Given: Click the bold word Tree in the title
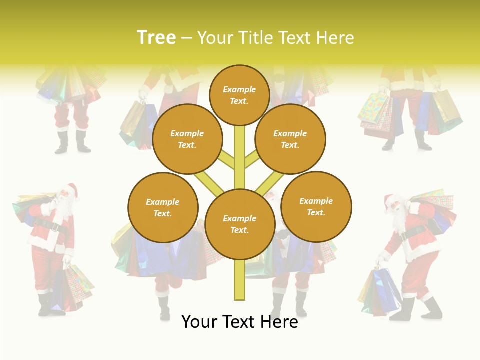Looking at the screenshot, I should click(156, 37).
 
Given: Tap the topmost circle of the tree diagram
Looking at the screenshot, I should click(239, 95).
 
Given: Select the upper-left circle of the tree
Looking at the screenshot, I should click(187, 139).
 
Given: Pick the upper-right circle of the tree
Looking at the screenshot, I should click(290, 139).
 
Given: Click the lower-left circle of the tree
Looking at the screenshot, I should click(162, 207).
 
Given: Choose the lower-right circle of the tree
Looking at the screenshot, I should click(316, 206).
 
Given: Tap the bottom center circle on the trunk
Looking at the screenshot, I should click(239, 224).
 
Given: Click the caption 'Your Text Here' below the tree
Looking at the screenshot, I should click(239, 322).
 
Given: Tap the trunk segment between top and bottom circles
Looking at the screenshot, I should click(239, 155).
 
